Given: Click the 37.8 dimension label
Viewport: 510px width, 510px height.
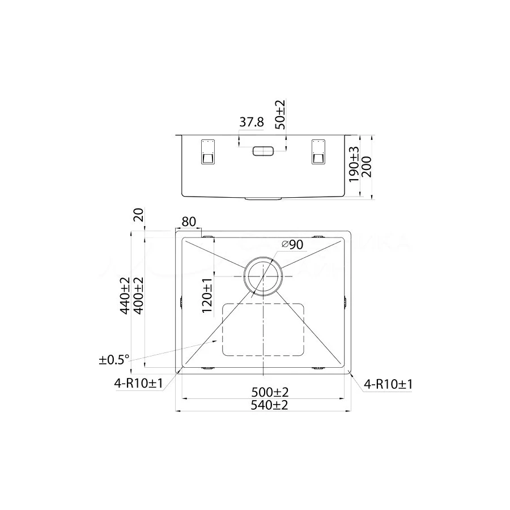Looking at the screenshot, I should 252,122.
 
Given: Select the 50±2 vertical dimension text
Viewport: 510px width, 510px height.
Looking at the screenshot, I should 280,116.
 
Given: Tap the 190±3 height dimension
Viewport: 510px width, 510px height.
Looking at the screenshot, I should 354,164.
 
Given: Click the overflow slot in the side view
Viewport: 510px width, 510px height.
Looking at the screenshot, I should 263,151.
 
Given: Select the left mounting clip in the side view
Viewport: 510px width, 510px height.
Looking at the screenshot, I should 206,152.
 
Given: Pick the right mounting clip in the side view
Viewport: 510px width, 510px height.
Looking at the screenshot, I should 318,152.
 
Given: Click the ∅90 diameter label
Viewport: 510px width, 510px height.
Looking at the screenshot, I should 292,244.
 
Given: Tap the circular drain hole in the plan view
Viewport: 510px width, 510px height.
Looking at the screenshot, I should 263,276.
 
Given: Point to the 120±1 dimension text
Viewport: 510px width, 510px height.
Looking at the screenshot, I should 207,295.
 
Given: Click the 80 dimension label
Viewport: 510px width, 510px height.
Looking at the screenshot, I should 189,222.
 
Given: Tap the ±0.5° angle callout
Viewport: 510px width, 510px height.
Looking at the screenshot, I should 114,359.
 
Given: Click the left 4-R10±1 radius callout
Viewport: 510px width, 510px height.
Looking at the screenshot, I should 138,384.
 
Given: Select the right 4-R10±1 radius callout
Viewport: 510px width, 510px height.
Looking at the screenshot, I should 388,384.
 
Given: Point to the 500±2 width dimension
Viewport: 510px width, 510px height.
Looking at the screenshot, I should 263,392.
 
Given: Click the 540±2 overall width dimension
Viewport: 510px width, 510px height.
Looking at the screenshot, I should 263,405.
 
